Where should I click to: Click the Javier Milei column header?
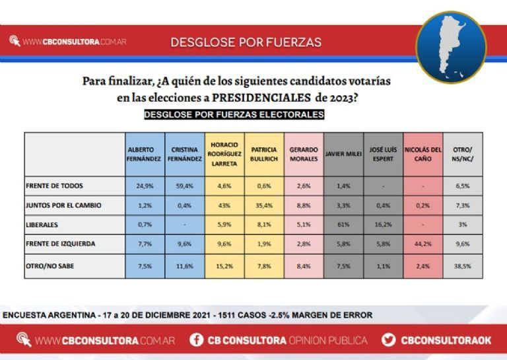click(x=343, y=155)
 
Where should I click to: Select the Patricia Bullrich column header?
click(x=263, y=155)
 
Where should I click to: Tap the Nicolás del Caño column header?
click(x=422, y=155)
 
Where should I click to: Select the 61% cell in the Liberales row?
click(x=343, y=225)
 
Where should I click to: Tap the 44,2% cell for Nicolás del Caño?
click(x=422, y=244)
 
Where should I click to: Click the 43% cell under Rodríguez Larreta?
click(x=224, y=205)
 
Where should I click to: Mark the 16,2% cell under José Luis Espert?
click(x=383, y=225)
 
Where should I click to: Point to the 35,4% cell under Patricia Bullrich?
click(x=263, y=205)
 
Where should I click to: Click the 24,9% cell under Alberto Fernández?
click(x=145, y=186)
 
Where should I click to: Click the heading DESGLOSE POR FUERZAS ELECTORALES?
click(x=234, y=114)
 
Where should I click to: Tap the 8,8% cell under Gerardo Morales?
click(x=304, y=205)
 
